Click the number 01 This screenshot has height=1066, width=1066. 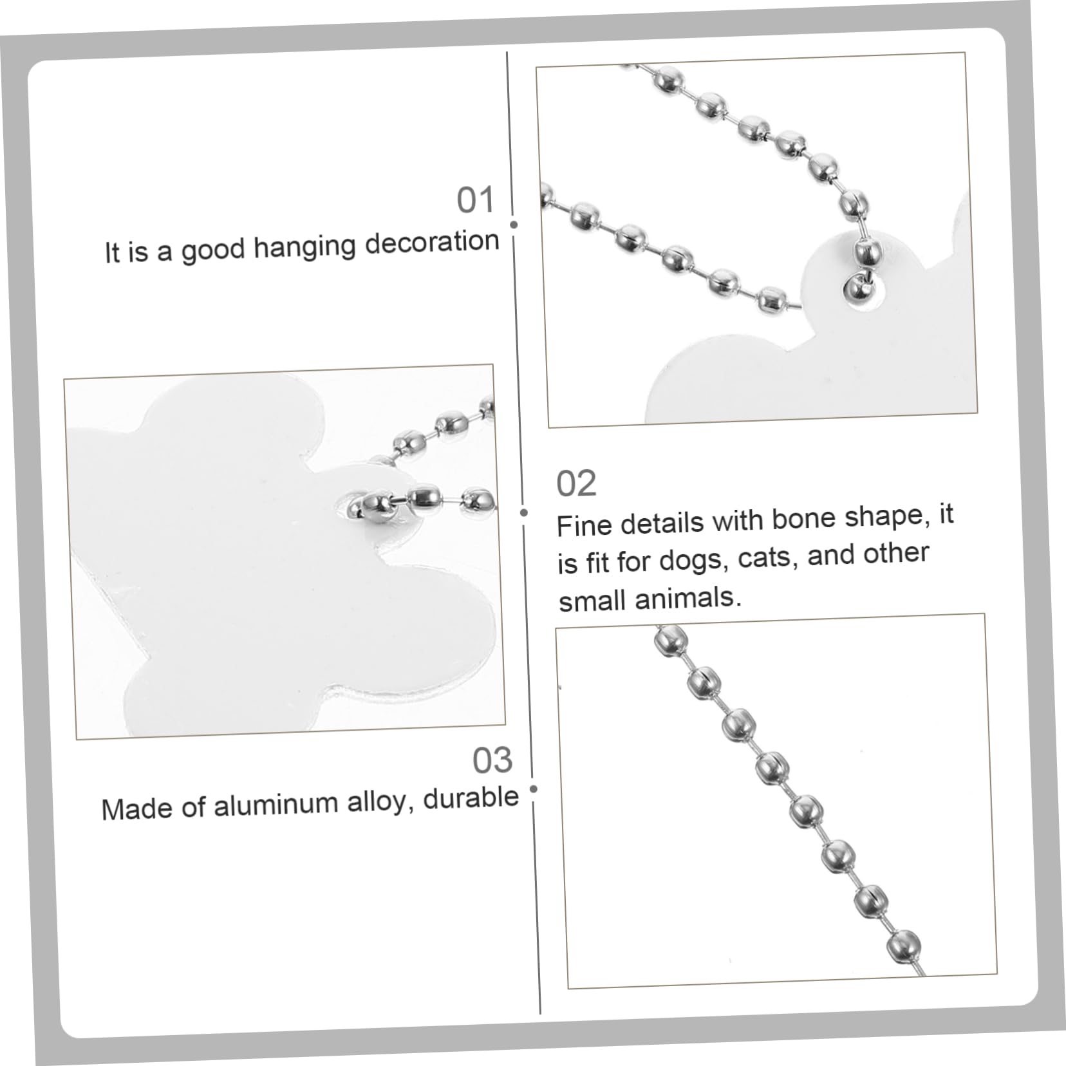pyautogui.click(x=476, y=200)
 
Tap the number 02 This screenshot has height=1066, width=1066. pyautogui.click(x=576, y=483)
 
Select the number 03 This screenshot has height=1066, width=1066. pyautogui.click(x=492, y=760)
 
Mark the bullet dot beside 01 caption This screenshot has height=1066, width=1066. pyautogui.click(x=514, y=225)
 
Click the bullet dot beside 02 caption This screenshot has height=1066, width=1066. pyautogui.click(x=524, y=512)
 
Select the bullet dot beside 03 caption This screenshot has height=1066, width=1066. pyautogui.click(x=533, y=789)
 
